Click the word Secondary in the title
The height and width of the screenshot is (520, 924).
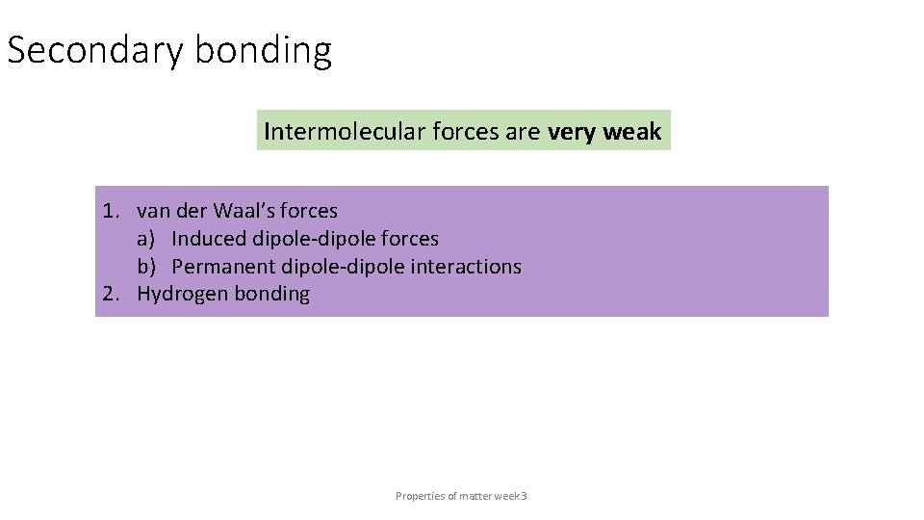coord(94,50)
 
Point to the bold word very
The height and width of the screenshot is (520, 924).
coord(572,131)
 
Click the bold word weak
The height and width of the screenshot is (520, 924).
coord(632,131)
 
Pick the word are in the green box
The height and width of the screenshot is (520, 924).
coord(523,131)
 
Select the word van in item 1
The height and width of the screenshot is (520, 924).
coord(152,211)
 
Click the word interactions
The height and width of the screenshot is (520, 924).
coord(466,267)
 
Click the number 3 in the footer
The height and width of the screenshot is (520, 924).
coord(524,496)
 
